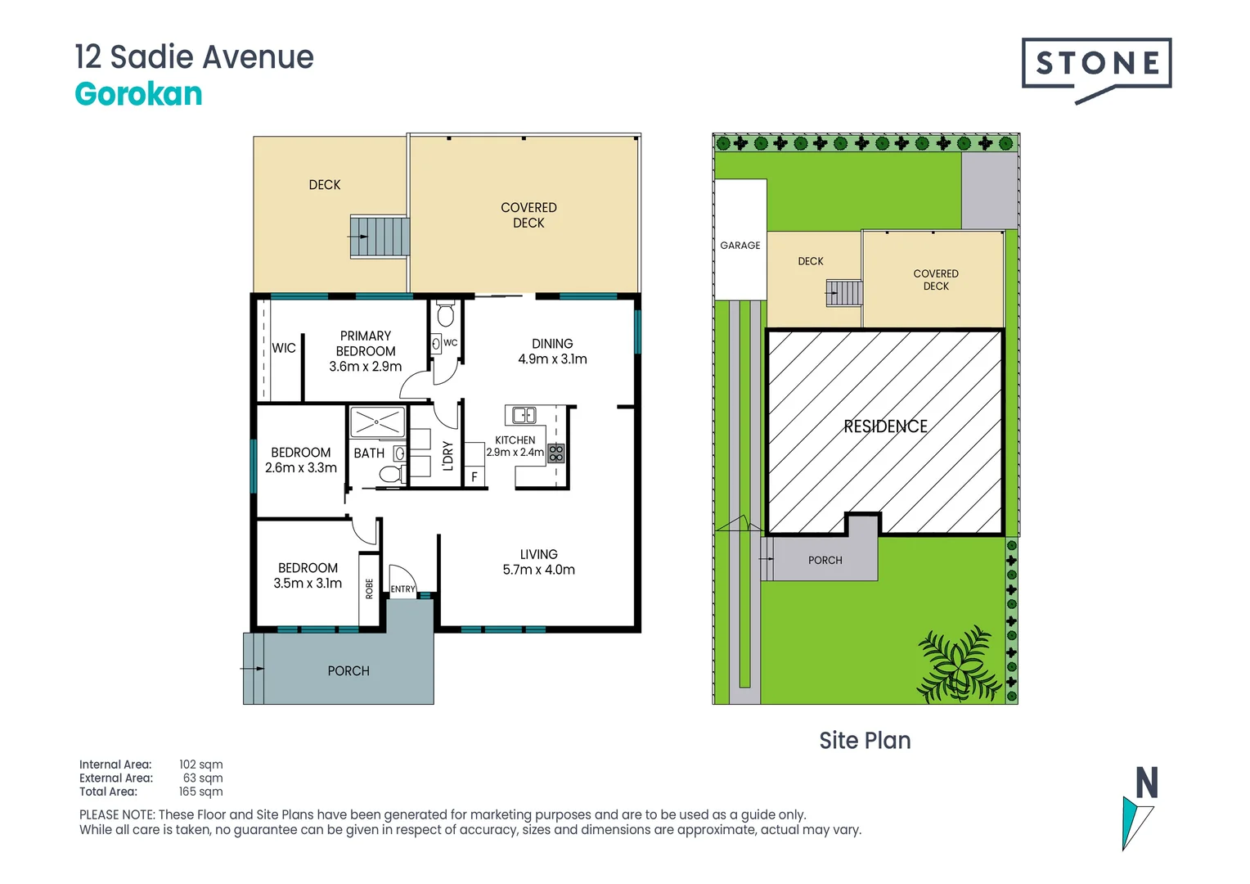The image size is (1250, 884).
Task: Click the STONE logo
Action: click(x=1096, y=64)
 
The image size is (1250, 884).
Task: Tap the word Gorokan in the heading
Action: click(x=138, y=94)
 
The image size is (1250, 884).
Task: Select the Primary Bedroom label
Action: click(x=365, y=351)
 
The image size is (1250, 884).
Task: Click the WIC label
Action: click(x=284, y=348)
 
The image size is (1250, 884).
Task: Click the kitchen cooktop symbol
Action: click(x=555, y=453)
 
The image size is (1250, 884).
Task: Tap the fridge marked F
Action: click(x=474, y=476)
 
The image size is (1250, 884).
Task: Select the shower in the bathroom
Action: click(x=377, y=422)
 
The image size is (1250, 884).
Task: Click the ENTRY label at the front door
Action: click(x=402, y=589)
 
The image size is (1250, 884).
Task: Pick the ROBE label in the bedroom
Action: click(x=369, y=589)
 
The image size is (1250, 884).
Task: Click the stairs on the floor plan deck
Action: click(x=380, y=237)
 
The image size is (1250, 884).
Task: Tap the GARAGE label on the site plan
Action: click(x=740, y=246)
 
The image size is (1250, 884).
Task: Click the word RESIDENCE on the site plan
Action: click(x=885, y=426)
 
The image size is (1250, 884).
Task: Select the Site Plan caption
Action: click(x=865, y=741)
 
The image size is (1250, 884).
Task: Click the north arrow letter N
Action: click(x=1147, y=783)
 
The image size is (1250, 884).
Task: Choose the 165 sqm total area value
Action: click(x=200, y=792)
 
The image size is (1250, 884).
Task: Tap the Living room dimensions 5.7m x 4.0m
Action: click(x=538, y=570)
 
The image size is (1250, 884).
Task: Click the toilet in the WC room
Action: click(x=446, y=315)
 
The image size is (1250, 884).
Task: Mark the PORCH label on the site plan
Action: click(x=825, y=561)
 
